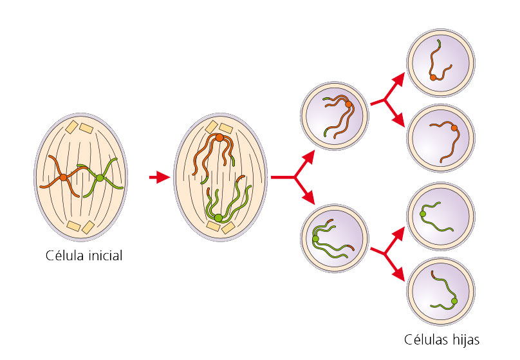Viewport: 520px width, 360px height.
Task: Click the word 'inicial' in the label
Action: coord(102,256)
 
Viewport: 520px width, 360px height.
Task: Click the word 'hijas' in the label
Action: coord(464,339)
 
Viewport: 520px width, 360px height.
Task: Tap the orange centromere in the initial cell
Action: coord(63,177)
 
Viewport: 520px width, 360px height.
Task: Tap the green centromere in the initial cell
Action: coord(100,177)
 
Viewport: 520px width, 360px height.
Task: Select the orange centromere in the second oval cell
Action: coord(219,137)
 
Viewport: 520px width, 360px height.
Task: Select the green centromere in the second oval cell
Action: coord(219,218)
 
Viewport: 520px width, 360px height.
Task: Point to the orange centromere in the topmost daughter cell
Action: coord(433,77)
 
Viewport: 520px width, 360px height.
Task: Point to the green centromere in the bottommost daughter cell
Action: coord(454,301)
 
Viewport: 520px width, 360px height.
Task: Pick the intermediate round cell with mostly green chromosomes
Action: coord(335,239)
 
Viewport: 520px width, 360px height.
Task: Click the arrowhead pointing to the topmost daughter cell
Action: coord(400,80)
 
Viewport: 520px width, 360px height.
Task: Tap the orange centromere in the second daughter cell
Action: coord(454,128)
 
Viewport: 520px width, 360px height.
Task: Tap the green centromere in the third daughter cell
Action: coord(423,213)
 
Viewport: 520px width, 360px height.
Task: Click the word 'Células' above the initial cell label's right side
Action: coord(425,339)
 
